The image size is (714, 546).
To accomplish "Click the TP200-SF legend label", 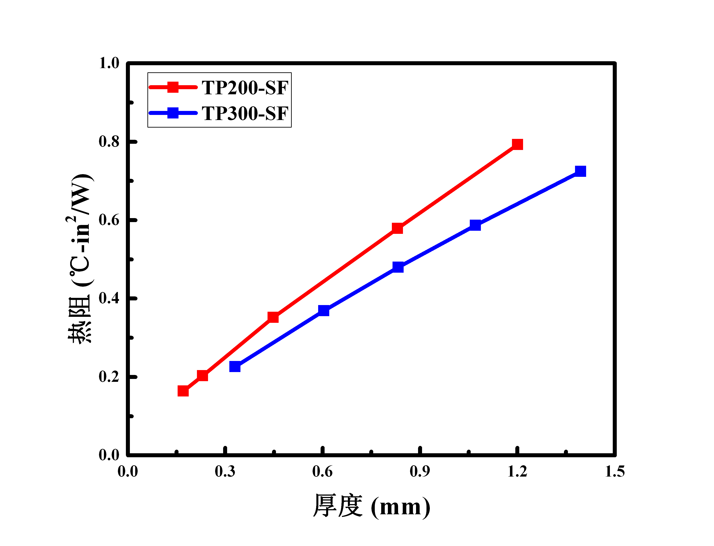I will pyautogui.click(x=245, y=88).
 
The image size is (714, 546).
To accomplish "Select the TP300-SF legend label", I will pyautogui.click(x=245, y=114).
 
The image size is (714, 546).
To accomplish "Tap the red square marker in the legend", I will pyautogui.click(x=173, y=87).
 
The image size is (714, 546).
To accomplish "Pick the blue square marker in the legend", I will pyautogui.click(x=173, y=113).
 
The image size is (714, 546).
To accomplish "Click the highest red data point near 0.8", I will pyautogui.click(x=517, y=144).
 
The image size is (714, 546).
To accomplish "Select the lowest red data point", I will pyautogui.click(x=183, y=391).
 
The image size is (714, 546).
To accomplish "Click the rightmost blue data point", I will pyautogui.click(x=580, y=171).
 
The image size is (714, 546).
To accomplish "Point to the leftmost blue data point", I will pyautogui.click(x=235, y=367).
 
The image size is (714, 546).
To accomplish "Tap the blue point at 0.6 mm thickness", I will pyautogui.click(x=323, y=310).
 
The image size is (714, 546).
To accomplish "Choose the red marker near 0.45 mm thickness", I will pyautogui.click(x=273, y=317).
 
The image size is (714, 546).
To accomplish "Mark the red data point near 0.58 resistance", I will pyautogui.click(x=397, y=229).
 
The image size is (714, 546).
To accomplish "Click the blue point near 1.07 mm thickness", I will pyautogui.click(x=475, y=225).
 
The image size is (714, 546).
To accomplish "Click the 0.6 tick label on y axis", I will pyautogui.click(x=109, y=220).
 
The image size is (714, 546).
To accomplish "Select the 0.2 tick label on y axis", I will pyautogui.click(x=109, y=377).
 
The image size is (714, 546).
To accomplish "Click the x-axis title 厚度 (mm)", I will pyautogui.click(x=371, y=506).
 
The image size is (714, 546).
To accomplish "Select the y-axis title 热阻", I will pyautogui.click(x=80, y=320).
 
